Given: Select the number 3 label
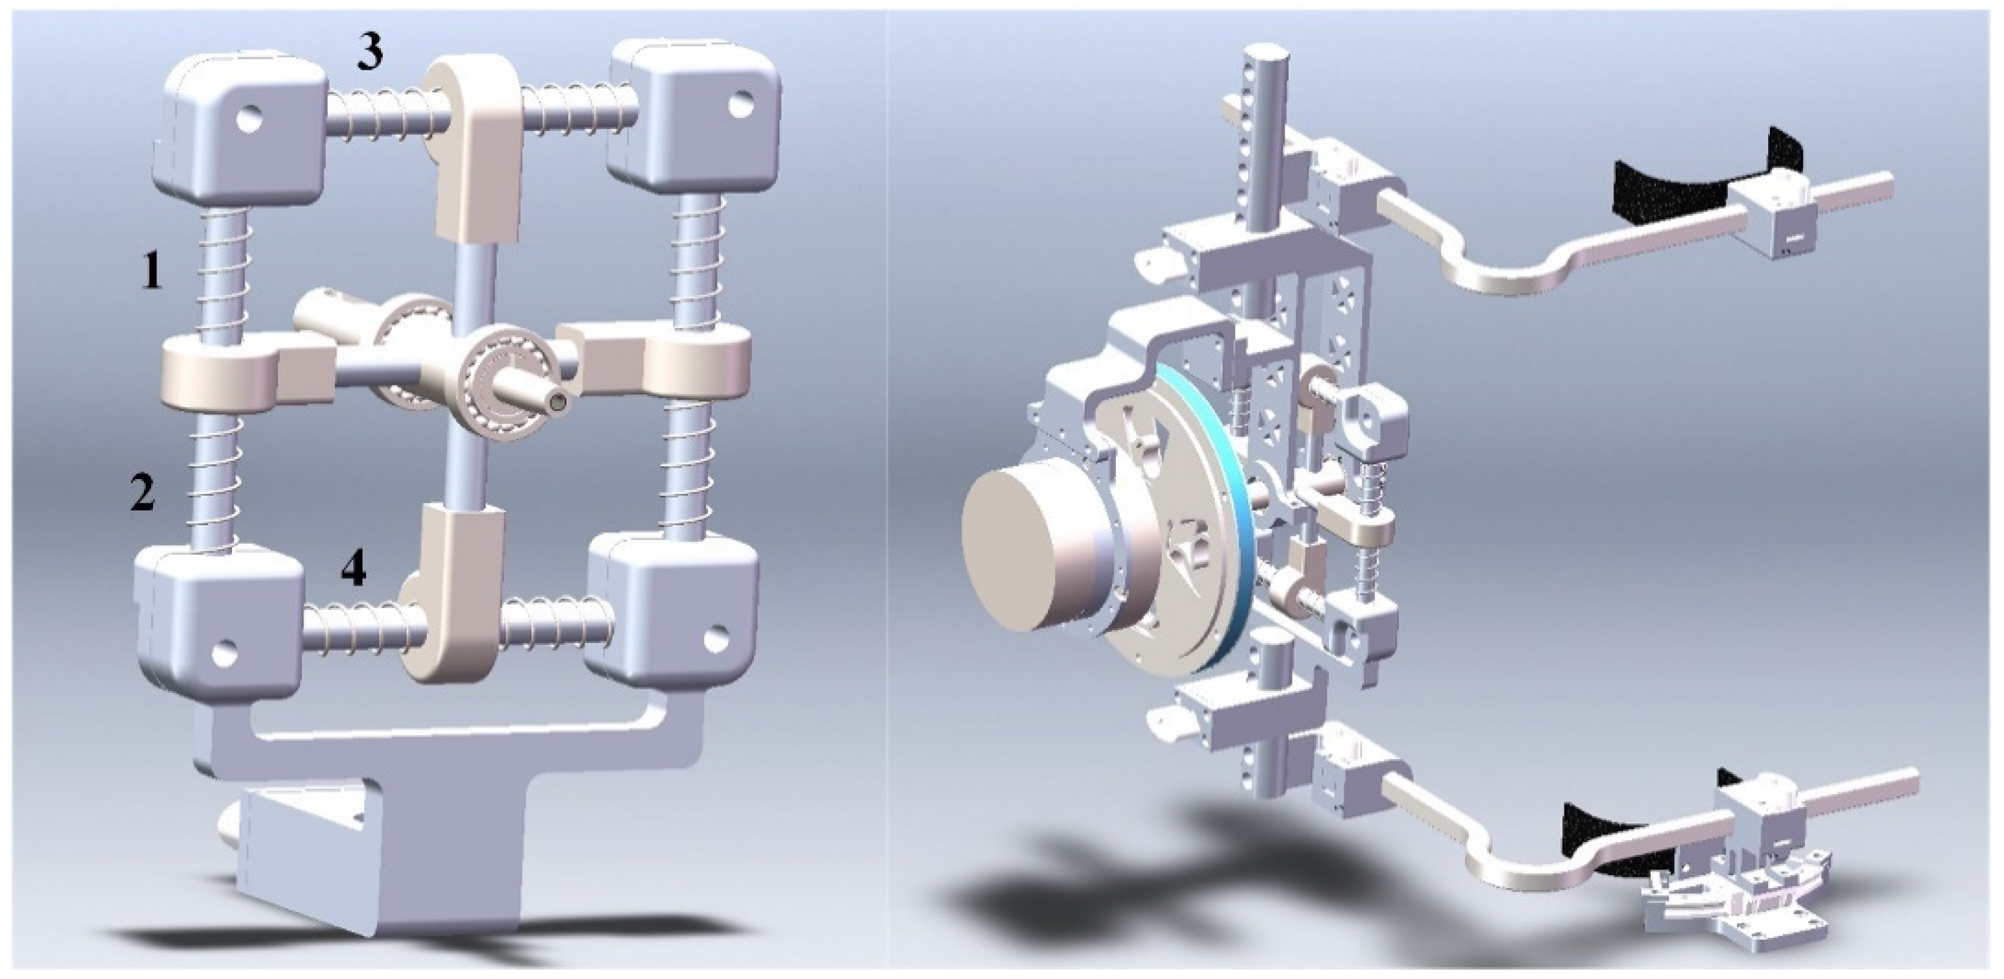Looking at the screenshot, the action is pos(371,52).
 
